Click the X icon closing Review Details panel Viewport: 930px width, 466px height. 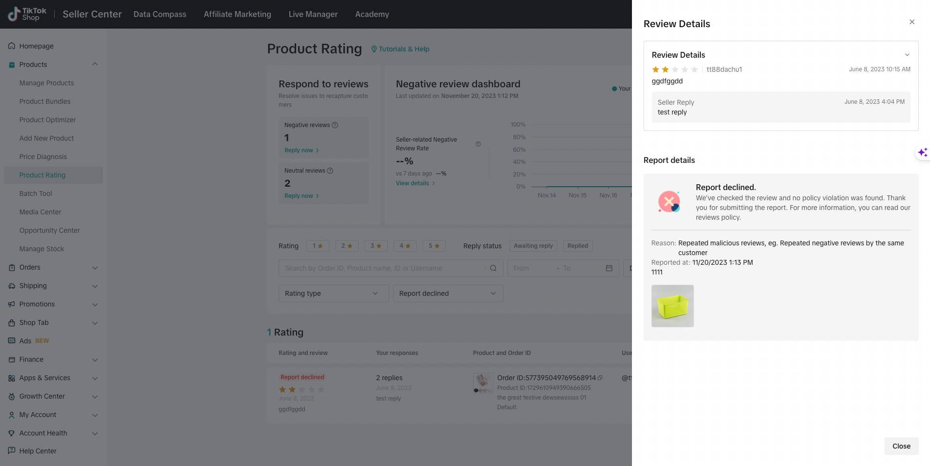[x=912, y=22]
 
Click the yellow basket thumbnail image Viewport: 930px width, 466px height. [x=672, y=306]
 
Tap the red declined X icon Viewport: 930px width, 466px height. [x=669, y=201]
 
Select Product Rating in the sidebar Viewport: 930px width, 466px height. [x=42, y=175]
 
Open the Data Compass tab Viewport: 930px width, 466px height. [x=159, y=14]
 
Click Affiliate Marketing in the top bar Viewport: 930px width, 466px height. [x=237, y=14]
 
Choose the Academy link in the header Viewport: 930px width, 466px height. [x=372, y=14]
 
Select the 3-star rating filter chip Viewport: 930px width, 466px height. [x=376, y=246]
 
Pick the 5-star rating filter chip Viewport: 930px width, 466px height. [x=434, y=246]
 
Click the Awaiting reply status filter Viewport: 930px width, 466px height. [x=533, y=246]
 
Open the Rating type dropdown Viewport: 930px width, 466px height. [x=333, y=293]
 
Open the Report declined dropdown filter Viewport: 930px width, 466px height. [x=448, y=293]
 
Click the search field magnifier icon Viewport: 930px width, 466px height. [x=493, y=268]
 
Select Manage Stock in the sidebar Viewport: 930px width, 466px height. [x=42, y=249]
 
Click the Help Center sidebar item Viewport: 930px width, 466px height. [x=38, y=451]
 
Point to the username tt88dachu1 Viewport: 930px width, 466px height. [x=724, y=69]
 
